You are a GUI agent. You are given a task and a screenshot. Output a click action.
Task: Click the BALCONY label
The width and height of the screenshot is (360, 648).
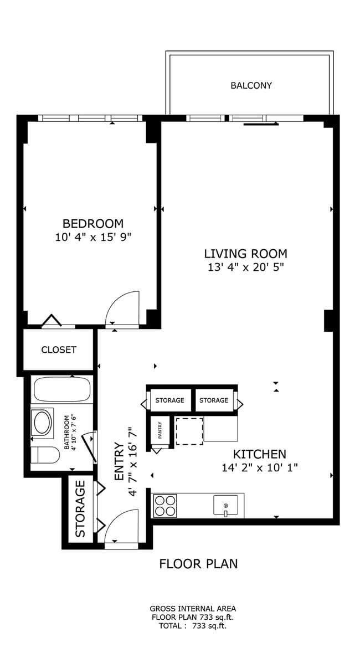pyautogui.click(x=251, y=86)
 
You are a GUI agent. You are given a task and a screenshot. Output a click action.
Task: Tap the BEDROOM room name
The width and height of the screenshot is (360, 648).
pyautogui.click(x=92, y=224)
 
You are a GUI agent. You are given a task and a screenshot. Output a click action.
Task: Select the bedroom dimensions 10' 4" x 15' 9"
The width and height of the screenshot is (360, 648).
pyautogui.click(x=92, y=237)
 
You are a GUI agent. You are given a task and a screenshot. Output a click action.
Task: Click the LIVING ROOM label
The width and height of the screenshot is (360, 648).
pyautogui.click(x=245, y=254)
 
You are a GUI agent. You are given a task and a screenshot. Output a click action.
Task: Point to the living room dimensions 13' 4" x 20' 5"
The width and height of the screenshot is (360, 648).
pyautogui.click(x=245, y=268)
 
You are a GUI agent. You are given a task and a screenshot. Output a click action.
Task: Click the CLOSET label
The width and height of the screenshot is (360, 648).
pyautogui.click(x=58, y=350)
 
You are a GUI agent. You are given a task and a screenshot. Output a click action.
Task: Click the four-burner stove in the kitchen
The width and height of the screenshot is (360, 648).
pyautogui.click(x=164, y=506)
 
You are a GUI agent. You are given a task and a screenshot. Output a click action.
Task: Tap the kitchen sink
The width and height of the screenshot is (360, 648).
pyautogui.click(x=225, y=505)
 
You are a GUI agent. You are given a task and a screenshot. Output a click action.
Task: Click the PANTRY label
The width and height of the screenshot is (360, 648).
pyautogui.click(x=160, y=430)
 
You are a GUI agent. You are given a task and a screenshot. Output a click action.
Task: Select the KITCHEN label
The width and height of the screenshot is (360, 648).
pyautogui.click(x=259, y=454)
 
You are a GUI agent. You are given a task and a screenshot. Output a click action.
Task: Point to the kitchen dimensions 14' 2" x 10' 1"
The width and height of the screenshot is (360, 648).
pyautogui.click(x=259, y=467)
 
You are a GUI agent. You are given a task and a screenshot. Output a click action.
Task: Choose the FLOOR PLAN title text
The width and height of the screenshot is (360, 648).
pyautogui.click(x=198, y=564)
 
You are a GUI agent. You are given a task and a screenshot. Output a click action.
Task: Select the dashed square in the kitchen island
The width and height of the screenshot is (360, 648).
pyautogui.click(x=189, y=431)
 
